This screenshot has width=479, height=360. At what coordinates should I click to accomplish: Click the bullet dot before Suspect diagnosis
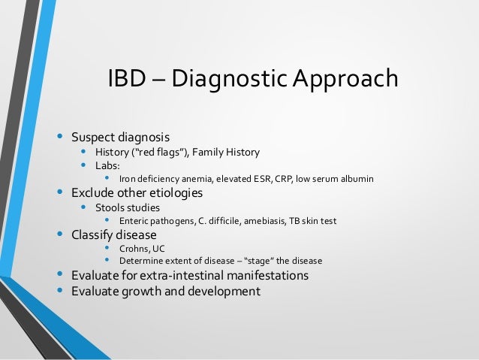click(60, 137)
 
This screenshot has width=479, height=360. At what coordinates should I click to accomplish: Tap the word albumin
click(356, 179)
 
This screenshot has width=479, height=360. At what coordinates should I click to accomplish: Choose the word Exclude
click(92, 192)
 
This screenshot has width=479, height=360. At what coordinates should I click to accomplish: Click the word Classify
click(92, 234)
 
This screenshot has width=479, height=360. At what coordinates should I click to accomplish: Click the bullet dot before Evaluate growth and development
click(60, 289)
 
